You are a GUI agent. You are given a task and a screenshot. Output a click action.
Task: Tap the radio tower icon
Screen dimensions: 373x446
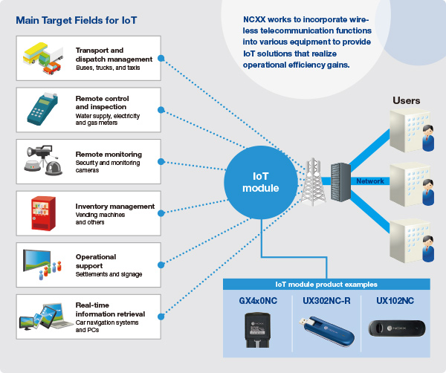[x=312, y=178]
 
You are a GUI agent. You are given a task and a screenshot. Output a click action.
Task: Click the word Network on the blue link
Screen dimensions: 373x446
[x=370, y=181]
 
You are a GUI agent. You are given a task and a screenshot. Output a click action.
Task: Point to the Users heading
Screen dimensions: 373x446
[x=407, y=100]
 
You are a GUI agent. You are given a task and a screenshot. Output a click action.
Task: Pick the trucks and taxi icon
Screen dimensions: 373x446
[x=42, y=59]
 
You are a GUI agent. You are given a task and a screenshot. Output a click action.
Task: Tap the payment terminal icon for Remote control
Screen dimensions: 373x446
[x=42, y=109]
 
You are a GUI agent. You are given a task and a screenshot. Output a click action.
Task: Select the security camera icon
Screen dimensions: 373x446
[x=42, y=159]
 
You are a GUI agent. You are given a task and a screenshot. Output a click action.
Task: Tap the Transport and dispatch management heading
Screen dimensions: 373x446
[x=114, y=54]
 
